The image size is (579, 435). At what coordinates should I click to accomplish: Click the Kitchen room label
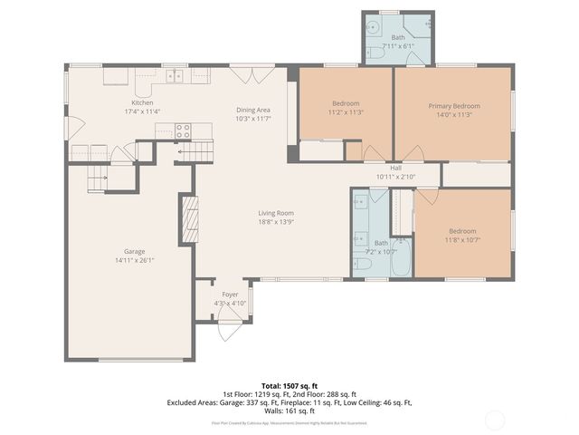click(x=143, y=102)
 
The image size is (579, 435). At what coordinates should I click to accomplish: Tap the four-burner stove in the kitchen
click(x=184, y=130)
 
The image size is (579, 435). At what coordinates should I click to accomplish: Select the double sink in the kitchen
click(x=173, y=76)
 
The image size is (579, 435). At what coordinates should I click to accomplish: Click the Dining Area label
click(x=253, y=110)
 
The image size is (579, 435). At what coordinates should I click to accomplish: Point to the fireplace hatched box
click(x=190, y=219)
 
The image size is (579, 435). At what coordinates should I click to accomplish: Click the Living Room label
click(x=276, y=212)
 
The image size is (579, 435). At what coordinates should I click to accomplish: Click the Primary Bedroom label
click(x=454, y=106)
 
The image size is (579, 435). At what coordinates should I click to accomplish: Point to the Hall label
click(x=395, y=168)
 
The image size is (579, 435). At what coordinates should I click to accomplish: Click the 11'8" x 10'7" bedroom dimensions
click(x=462, y=240)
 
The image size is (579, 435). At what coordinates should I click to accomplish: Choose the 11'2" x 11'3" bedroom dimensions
click(x=346, y=112)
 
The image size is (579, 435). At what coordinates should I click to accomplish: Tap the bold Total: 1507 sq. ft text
click(x=289, y=386)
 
